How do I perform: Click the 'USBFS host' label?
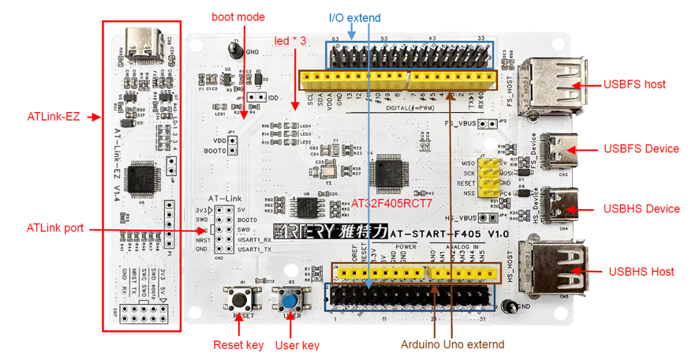click(634, 84)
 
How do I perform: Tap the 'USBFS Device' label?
click(641, 148)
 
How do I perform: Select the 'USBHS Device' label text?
click(641, 209)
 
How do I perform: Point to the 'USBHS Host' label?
click(641, 272)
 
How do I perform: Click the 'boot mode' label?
click(237, 17)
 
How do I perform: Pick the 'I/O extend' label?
click(354, 17)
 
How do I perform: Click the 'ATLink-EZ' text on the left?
click(53, 117)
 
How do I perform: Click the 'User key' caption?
click(297, 345)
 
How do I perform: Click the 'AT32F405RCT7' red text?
click(391, 203)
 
